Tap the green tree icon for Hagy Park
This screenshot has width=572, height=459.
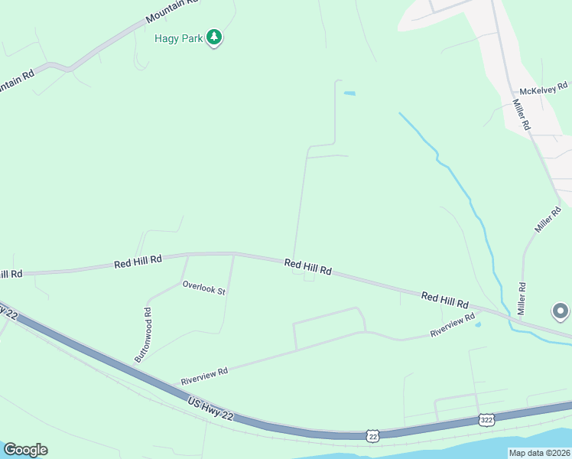click(x=215, y=37)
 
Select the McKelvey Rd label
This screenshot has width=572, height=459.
click(x=542, y=89)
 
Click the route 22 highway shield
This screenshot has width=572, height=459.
click(x=372, y=435)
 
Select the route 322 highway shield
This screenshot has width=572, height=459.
click(x=486, y=419)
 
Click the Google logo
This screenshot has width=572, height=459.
click(x=25, y=450)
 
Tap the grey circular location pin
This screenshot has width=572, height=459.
click(x=561, y=311)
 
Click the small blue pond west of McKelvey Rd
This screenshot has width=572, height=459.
click(x=349, y=93)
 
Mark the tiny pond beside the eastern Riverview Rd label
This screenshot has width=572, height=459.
click(x=478, y=324)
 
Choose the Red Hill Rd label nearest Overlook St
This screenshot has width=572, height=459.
click(x=138, y=261)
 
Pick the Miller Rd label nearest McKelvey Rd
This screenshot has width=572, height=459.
click(x=522, y=114)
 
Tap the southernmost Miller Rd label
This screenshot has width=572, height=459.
click(x=522, y=298)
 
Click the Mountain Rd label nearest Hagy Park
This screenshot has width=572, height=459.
click(x=171, y=10)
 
